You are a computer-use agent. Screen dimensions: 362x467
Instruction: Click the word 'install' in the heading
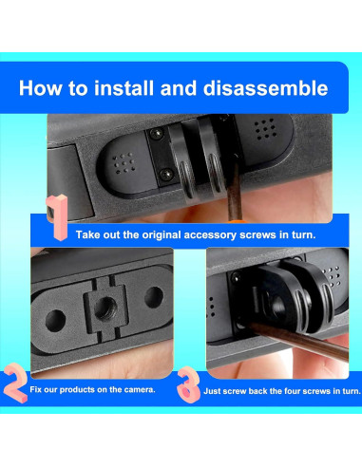point(124,88)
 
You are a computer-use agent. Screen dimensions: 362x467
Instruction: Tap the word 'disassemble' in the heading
point(265,88)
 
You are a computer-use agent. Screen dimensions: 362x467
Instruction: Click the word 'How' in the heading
point(40,88)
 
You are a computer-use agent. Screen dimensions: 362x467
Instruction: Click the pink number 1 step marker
point(57,217)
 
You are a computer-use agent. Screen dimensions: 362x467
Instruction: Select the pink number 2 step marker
point(16,383)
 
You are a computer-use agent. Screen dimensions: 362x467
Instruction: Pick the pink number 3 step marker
point(188,384)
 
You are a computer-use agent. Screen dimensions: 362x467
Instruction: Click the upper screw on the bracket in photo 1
point(157,134)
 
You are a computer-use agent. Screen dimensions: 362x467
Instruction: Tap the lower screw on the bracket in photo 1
point(165,174)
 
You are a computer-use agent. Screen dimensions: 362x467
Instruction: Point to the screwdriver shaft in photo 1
point(234,186)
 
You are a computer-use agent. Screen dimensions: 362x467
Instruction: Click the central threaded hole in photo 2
point(105,308)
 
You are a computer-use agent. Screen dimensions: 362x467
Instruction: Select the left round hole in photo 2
point(55,321)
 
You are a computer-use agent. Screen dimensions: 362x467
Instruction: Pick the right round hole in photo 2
point(154,297)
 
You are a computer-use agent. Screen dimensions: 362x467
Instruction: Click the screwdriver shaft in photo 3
point(297,340)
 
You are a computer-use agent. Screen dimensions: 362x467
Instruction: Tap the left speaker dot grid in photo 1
point(124,163)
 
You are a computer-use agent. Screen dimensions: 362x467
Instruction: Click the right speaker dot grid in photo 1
point(265,129)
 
